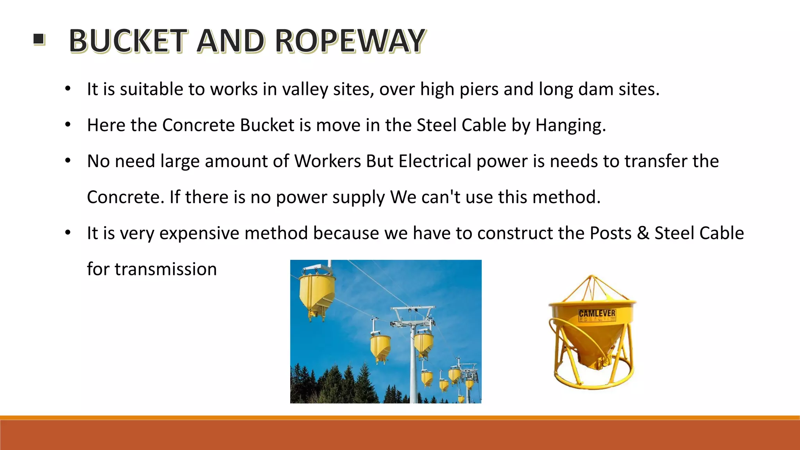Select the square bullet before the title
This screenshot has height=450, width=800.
pos(39,39)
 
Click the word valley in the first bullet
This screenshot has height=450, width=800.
pos(305,89)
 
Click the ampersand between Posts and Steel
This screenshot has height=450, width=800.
pos(643,233)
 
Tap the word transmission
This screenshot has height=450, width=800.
pos(165,269)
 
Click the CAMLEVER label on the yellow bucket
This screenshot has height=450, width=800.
pos(597,314)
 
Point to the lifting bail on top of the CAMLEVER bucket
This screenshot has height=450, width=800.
pos(592,287)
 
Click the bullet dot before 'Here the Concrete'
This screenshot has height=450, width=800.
pos(68,125)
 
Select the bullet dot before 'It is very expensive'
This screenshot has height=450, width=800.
pos(68,233)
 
